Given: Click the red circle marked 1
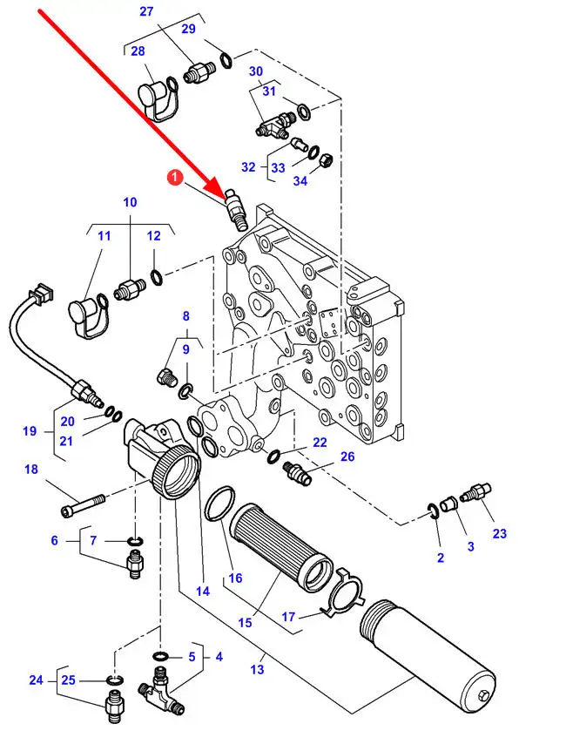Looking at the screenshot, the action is pos(176,178).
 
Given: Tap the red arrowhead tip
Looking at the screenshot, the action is pos(226,197).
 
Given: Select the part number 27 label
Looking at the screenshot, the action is pos(146,11).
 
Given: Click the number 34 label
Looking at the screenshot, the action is pos(300,181).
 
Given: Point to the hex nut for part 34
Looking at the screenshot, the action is pos(326,159).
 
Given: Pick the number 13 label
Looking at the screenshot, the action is pos(257,669).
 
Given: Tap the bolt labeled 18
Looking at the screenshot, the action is pos(83,504).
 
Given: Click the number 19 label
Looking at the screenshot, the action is pos(30,431).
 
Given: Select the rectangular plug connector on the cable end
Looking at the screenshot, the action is pos(43,292).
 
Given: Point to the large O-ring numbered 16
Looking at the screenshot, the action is pos(219,503).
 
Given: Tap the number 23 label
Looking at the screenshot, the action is pos(500,534).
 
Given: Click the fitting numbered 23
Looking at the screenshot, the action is pos(475,492).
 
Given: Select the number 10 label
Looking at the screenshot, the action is pos(130,202).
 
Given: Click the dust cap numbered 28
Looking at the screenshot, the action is pos(158,99).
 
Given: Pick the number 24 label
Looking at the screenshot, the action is pos(36,680).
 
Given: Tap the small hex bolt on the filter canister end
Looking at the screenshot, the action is pos(483,694).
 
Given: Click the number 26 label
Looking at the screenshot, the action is pos(347,457).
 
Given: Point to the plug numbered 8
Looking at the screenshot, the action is pos(166,376).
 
